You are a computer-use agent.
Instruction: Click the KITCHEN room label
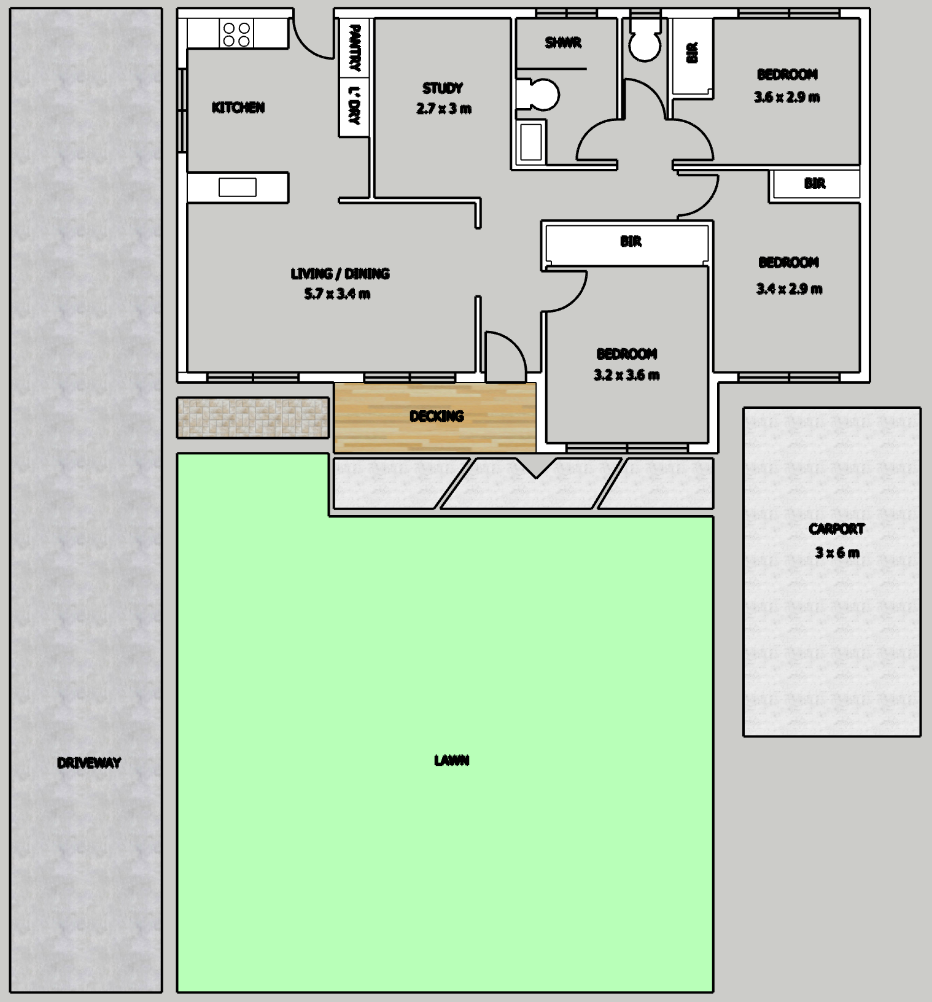click(238, 108)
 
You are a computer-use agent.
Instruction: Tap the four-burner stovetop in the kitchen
click(237, 34)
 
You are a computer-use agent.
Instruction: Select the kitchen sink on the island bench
click(238, 187)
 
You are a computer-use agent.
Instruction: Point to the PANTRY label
click(354, 47)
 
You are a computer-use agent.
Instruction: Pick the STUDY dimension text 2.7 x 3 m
click(443, 109)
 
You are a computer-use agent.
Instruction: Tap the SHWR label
click(563, 43)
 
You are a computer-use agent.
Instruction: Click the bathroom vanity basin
click(531, 142)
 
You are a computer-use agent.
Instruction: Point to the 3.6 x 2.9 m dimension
click(787, 97)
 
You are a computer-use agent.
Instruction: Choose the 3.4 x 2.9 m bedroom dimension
click(789, 289)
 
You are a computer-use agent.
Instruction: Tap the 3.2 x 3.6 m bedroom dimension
click(626, 375)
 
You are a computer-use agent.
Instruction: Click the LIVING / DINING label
click(340, 274)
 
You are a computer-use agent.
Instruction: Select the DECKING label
click(437, 416)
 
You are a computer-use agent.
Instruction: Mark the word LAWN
click(451, 761)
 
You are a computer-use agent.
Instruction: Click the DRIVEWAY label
click(89, 763)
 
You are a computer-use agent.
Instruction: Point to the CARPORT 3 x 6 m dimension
click(837, 553)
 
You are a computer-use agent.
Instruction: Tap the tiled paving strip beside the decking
click(253, 417)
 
